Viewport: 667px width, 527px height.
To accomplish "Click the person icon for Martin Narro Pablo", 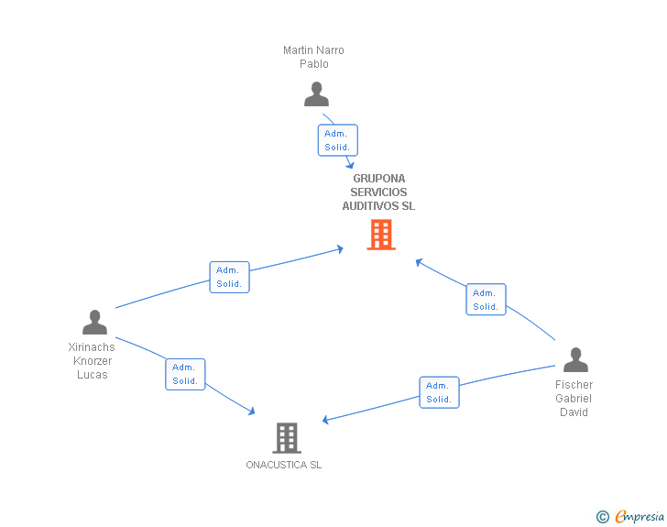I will coord(316,94).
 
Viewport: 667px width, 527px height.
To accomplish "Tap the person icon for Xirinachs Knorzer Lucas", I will coord(94,323).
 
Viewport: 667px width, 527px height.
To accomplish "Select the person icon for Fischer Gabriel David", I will coord(575,360).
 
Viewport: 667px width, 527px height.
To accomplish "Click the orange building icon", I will coord(381,235).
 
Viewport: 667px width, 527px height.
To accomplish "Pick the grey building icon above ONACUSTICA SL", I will coord(287,438).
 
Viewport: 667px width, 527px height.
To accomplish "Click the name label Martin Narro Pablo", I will coord(313,57).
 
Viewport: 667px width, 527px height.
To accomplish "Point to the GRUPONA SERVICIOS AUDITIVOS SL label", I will coord(378,192).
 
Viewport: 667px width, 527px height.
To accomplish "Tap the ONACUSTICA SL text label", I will coord(283,465).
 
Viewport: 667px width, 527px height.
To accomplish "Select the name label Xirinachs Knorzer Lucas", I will coord(92,361).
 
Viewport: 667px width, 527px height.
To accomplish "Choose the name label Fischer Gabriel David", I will coord(574,399).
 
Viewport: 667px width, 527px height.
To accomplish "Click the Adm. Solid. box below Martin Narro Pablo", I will coord(337,140).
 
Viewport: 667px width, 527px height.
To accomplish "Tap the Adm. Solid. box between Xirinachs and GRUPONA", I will coord(229,277).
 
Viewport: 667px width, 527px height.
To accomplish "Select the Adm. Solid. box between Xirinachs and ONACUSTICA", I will coord(185,374).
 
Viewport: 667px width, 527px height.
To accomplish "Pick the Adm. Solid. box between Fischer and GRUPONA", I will coord(486,300).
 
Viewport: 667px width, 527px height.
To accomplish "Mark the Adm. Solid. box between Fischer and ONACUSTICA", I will coord(439,392).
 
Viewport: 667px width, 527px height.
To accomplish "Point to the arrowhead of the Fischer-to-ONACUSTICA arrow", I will coord(325,421).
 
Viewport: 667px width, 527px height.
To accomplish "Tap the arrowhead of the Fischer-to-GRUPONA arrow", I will coord(419,261).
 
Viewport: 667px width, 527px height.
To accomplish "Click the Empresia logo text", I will coord(640,517).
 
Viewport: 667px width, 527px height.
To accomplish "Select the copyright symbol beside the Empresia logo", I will coord(602,518).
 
